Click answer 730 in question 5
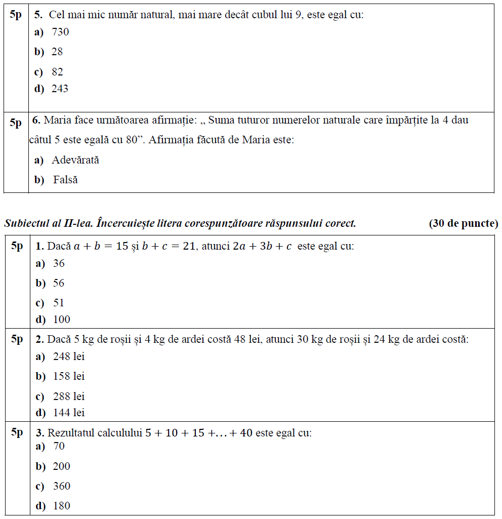click(x=60, y=32)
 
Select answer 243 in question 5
click(x=60, y=89)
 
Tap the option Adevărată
click(x=75, y=160)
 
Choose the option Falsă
click(x=65, y=180)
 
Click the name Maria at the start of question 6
click(x=58, y=121)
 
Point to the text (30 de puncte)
click(x=463, y=223)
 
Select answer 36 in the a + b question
click(x=59, y=263)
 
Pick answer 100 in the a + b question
click(x=62, y=320)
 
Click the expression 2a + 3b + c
click(x=262, y=247)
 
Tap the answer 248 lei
click(x=69, y=356)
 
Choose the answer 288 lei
click(x=69, y=396)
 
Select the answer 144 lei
click(x=69, y=413)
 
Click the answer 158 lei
click(x=69, y=376)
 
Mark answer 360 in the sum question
click(x=62, y=486)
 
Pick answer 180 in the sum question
click(x=62, y=506)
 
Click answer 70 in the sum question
click(x=59, y=446)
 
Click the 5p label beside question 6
click(x=16, y=123)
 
